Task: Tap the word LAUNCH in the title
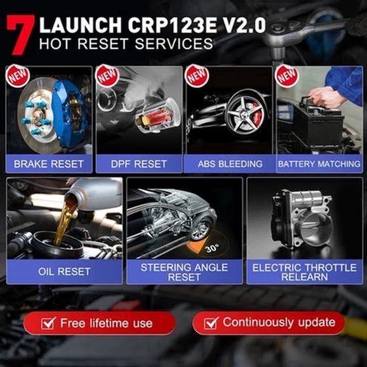coord(80,26)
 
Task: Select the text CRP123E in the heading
coord(172,26)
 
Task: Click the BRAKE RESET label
coord(49,164)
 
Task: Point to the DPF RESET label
coord(139,164)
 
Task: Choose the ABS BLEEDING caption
coord(230,164)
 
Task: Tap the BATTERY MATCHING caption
coord(319,164)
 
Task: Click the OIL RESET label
coord(64,271)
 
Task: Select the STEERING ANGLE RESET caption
coord(184,272)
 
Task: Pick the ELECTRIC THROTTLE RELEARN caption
coord(304,272)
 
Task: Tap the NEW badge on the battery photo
coord(287,76)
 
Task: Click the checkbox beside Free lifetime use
coord(48,323)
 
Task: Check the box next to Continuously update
coord(211,323)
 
